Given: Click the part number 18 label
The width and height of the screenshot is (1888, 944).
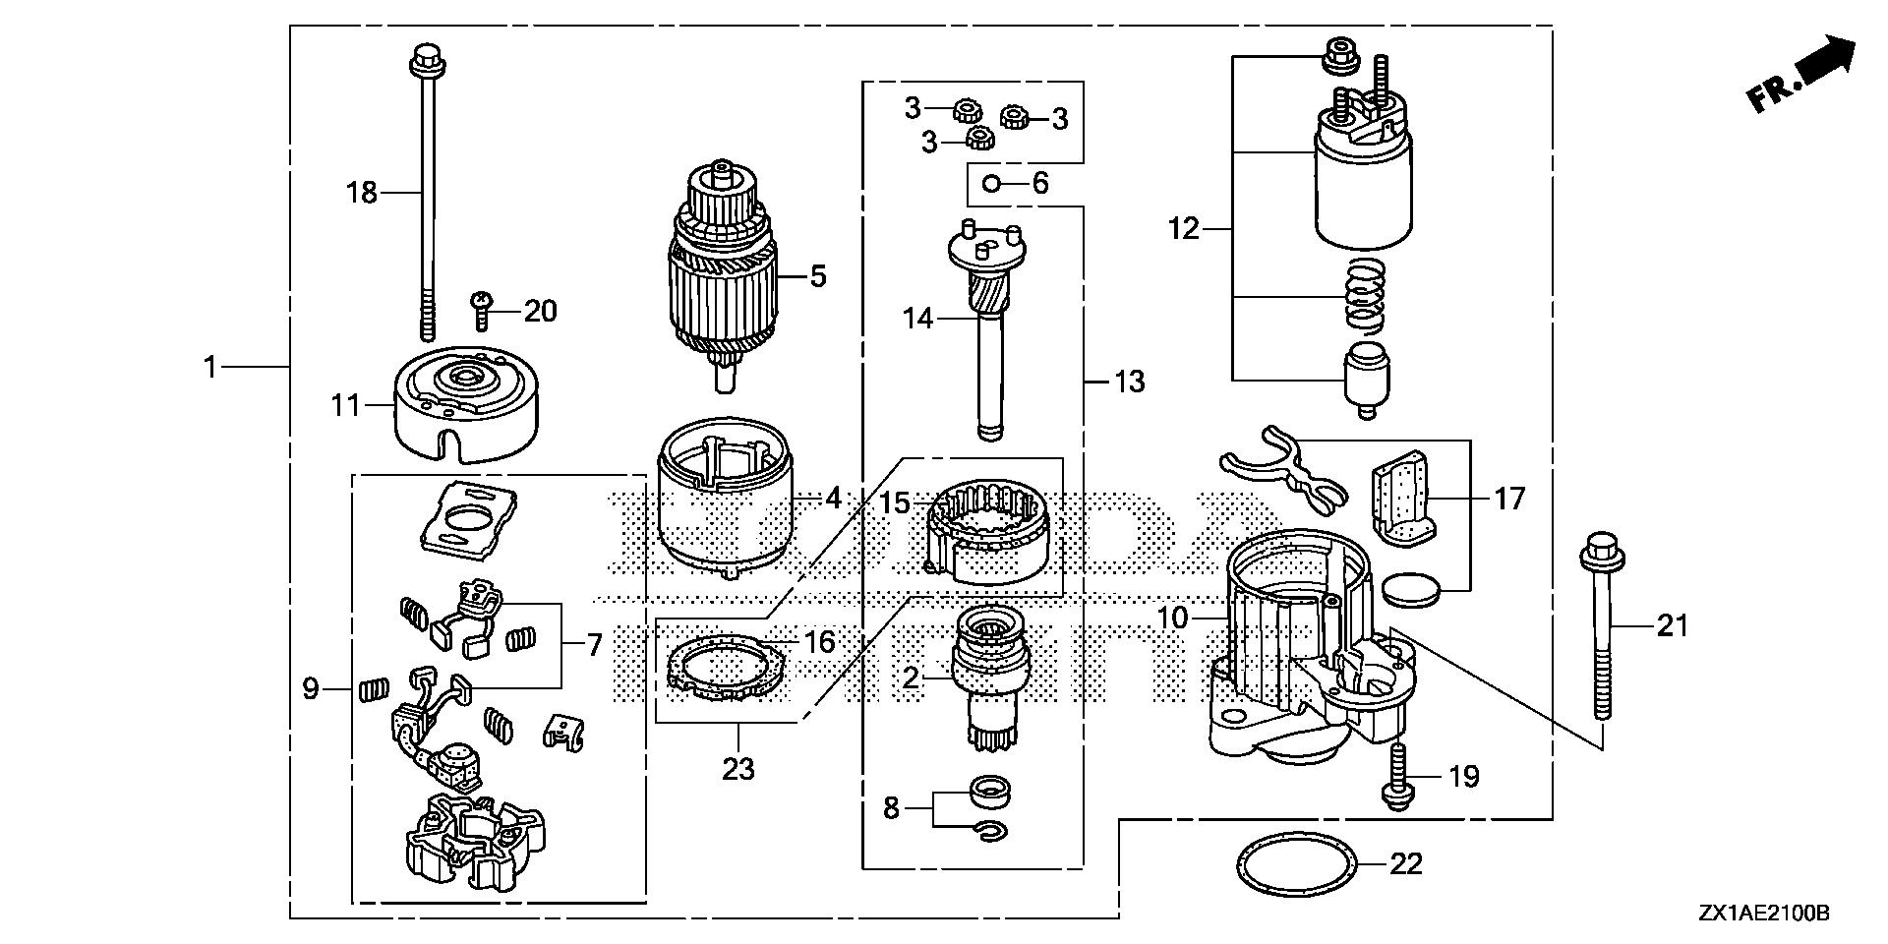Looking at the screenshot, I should coord(362,193).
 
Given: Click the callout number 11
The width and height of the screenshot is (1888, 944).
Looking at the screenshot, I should coord(345,404).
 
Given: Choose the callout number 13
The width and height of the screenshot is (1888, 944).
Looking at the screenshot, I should coord(1130,381).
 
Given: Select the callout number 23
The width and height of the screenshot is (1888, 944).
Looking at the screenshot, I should coord(737,768).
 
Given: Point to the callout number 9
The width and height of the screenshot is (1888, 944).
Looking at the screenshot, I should coord(311,688).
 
